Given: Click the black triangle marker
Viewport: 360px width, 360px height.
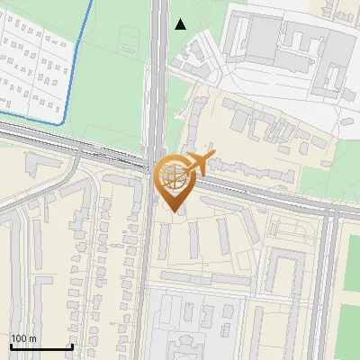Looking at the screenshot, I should click(181, 24).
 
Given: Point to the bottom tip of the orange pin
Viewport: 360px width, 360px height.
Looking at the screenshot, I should click(172, 211).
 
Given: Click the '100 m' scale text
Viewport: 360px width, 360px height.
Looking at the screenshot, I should click(24, 338).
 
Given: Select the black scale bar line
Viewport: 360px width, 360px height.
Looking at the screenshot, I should click(41, 346).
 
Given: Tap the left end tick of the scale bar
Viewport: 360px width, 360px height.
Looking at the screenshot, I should click(11, 346).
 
